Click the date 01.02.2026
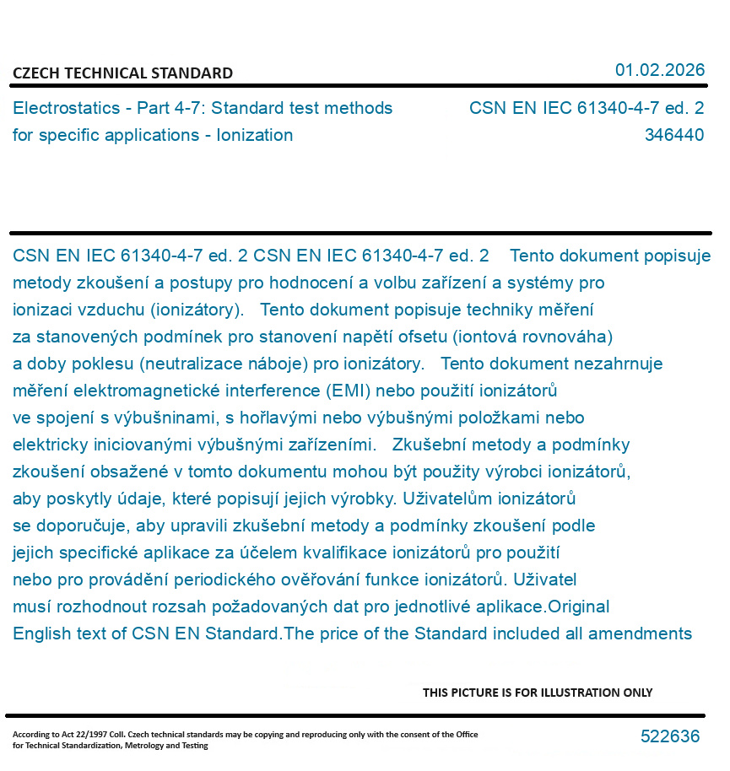(659, 70)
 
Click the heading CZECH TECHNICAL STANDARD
(122, 73)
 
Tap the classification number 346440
(673, 135)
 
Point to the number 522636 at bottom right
(670, 736)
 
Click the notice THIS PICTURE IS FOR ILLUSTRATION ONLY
(538, 693)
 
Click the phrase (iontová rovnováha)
(532, 337)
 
